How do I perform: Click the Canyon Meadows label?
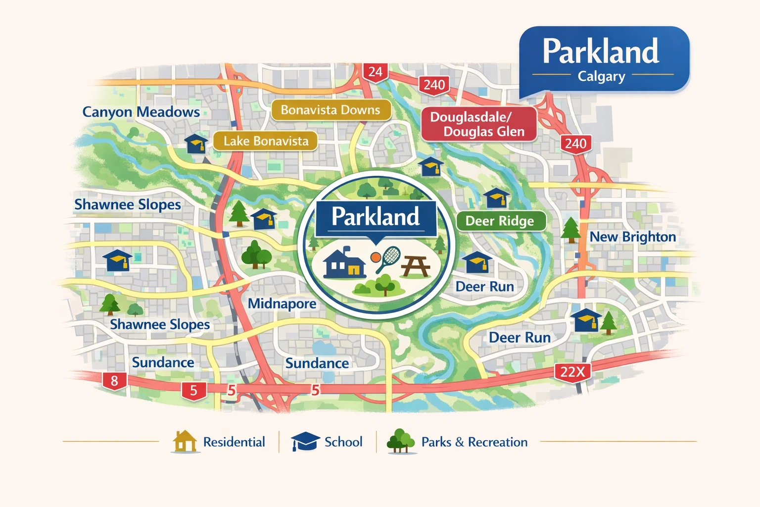[141, 112]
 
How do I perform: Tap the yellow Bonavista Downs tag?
[331, 110]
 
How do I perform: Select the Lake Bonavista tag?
[266, 141]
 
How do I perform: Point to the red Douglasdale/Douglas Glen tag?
[478, 124]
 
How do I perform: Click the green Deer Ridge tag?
[500, 221]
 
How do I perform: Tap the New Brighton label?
[632, 237]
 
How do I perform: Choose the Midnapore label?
[282, 303]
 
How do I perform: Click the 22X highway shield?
[572, 371]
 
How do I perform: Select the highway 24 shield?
[375, 72]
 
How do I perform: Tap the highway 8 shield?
[114, 381]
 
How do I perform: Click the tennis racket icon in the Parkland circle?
[387, 258]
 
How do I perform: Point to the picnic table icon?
[416, 266]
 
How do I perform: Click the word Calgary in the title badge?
[601, 76]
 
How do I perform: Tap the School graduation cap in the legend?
[305, 441]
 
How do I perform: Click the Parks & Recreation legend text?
[474, 442]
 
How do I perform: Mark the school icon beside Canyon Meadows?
[196, 144]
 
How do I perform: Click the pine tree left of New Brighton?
[571, 230]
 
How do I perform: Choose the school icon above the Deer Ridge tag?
[496, 198]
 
